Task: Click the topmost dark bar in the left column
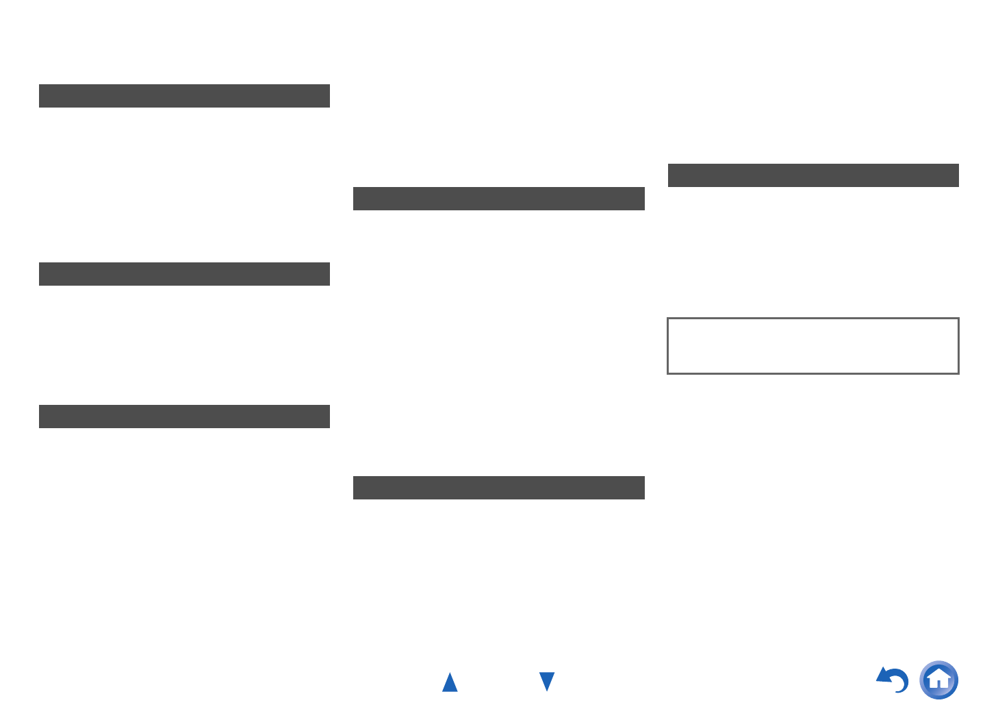click(x=184, y=96)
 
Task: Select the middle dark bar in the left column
click(x=184, y=274)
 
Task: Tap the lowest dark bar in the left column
click(x=184, y=417)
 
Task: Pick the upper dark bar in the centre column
click(x=498, y=199)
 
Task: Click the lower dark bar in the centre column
click(x=498, y=488)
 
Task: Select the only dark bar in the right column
click(x=813, y=175)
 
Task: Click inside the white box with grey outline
click(x=813, y=346)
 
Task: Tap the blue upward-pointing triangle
click(x=450, y=682)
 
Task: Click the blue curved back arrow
click(x=893, y=680)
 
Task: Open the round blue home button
click(x=939, y=680)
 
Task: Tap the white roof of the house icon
click(x=939, y=673)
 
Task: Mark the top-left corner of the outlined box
click(x=668, y=319)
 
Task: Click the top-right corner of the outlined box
click(x=958, y=319)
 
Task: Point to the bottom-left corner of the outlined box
click(x=668, y=373)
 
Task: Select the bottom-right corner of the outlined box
click(x=958, y=373)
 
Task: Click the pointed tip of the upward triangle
click(x=450, y=673)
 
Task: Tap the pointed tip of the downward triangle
click(x=547, y=691)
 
